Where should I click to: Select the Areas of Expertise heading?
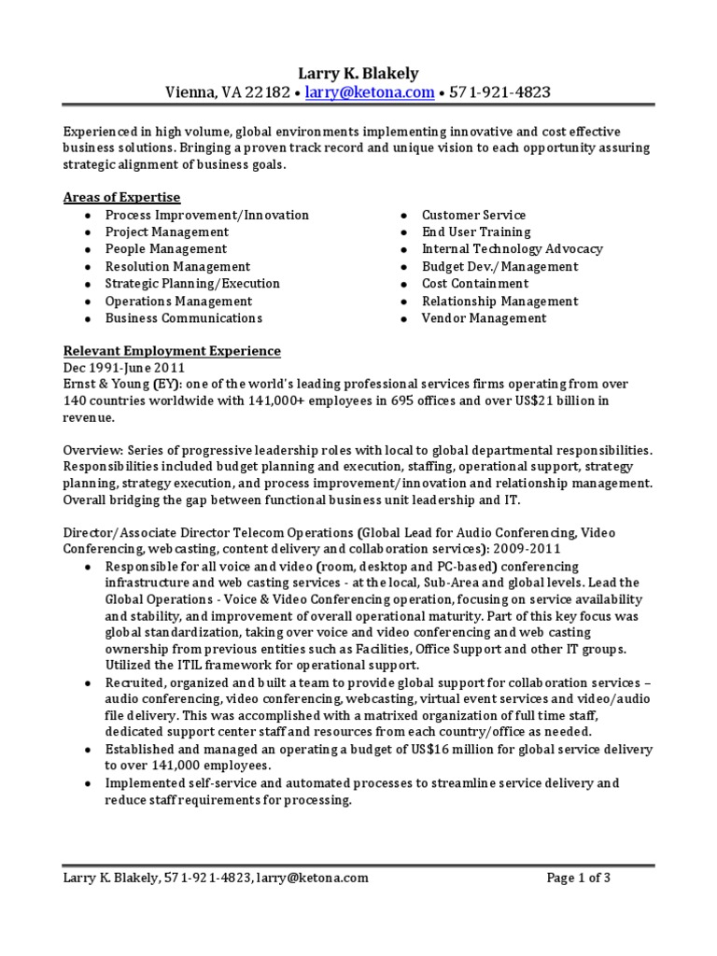click(x=121, y=197)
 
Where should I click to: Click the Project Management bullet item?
click(x=166, y=232)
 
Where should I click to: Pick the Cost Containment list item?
click(x=474, y=284)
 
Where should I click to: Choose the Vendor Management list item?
click(x=484, y=318)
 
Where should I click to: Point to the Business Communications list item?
click(x=183, y=318)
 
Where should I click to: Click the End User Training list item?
click(x=475, y=232)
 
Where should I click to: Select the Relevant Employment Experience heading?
click(x=171, y=351)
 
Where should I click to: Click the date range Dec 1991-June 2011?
click(x=125, y=368)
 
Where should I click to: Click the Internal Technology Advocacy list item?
click(x=512, y=249)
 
